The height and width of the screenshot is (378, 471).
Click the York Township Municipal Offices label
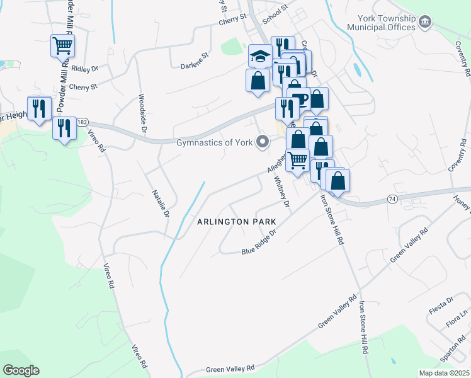(x=382, y=23)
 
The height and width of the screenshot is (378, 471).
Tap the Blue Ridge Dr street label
(x=259, y=242)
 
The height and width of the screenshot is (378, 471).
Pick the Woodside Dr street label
(x=143, y=113)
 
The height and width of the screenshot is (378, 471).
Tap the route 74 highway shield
(x=392, y=198)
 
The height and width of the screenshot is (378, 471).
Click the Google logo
(x=21, y=370)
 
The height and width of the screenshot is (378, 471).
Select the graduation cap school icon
(x=260, y=56)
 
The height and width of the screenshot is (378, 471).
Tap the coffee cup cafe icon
(x=298, y=99)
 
